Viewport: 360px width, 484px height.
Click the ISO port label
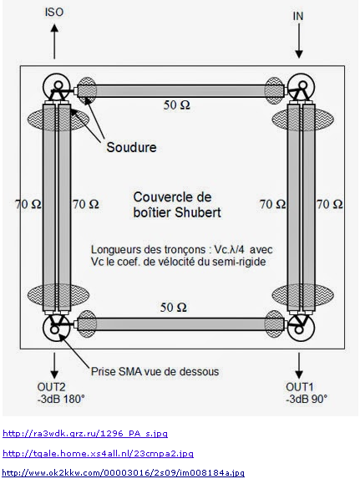(54, 12)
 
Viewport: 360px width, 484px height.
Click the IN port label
(298, 16)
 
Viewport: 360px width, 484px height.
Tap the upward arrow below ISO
(54, 42)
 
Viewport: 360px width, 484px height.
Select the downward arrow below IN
(299, 41)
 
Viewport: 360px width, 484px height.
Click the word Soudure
(131, 147)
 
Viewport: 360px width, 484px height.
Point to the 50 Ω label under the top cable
(177, 105)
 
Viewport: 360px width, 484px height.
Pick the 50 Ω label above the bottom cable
(174, 307)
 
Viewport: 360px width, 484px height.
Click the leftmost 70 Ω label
(28, 204)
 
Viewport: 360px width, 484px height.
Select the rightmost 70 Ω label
(329, 204)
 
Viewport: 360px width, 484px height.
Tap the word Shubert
(198, 212)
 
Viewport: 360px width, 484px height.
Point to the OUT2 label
(51, 387)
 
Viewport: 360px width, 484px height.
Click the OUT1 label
(300, 387)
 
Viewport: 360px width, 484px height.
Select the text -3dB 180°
(61, 399)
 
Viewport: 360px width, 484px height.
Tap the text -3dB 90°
(307, 399)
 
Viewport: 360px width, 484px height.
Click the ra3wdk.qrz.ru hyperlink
(85, 433)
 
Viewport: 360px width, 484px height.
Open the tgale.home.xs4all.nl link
(98, 453)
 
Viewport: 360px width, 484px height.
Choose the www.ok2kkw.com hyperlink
(124, 473)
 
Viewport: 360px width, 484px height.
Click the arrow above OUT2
(54, 365)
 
